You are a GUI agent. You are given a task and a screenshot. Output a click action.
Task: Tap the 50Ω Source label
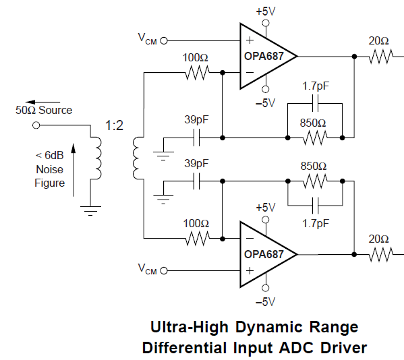point(44,110)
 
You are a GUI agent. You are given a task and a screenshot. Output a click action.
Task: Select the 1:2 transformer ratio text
point(114,125)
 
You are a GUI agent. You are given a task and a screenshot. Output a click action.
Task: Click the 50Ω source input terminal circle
point(36,125)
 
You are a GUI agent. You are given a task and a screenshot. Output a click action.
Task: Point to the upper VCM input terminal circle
point(164,40)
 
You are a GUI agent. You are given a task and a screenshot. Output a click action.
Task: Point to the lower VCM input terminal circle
point(164,270)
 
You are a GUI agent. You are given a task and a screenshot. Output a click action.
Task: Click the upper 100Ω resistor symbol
point(197,73)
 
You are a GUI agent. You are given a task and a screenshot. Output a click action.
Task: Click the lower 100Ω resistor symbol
point(197,239)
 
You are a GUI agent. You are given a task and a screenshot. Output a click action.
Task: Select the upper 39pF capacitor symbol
point(196,138)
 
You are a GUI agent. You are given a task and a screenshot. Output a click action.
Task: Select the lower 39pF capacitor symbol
point(196,181)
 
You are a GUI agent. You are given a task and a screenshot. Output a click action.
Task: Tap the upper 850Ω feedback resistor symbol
point(315,138)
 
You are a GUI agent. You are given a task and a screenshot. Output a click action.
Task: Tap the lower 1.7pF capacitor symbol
point(315,206)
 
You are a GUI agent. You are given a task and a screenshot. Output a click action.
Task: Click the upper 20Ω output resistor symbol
point(381,57)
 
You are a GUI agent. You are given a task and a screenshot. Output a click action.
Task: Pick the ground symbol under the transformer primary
point(90,210)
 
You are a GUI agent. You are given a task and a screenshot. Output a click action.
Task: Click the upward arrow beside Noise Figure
point(74,170)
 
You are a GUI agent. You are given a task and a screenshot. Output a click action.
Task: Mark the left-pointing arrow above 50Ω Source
point(42,102)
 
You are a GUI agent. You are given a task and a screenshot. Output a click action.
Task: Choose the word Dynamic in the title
point(268,328)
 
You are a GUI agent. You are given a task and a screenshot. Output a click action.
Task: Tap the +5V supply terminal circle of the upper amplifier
point(266,23)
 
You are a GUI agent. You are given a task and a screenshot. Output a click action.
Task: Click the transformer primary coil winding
point(98,158)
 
